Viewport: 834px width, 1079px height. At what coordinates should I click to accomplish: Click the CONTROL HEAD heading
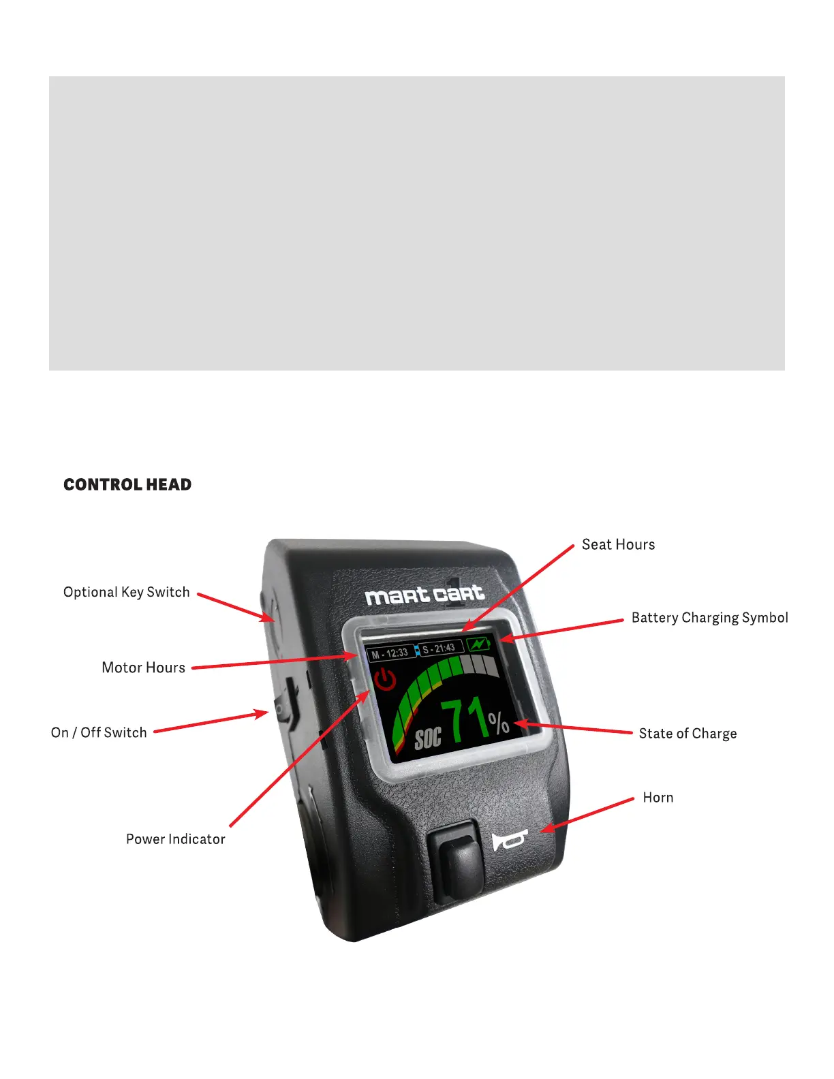click(127, 484)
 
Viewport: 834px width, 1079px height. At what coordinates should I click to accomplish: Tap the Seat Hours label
click(618, 544)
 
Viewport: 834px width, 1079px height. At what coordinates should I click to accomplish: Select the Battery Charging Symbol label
click(709, 618)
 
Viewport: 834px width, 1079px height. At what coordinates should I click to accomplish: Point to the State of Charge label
click(688, 734)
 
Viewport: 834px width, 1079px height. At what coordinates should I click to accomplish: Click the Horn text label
click(658, 798)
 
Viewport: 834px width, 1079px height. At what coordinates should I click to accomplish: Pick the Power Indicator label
click(175, 839)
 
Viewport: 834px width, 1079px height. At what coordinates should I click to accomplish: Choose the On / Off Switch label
click(99, 732)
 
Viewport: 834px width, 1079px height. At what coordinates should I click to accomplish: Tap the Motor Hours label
click(143, 668)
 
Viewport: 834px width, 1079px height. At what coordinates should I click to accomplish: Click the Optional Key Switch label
click(126, 592)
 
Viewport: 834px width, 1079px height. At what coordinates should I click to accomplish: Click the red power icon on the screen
click(386, 678)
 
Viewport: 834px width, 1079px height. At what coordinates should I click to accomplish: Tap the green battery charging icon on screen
click(479, 644)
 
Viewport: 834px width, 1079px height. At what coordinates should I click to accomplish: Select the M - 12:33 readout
click(390, 653)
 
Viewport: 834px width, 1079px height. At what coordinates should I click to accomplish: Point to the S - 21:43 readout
click(439, 648)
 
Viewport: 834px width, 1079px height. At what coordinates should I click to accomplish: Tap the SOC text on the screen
click(428, 737)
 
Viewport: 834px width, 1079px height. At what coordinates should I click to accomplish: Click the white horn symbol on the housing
click(508, 840)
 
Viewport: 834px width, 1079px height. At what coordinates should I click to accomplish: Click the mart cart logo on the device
click(424, 595)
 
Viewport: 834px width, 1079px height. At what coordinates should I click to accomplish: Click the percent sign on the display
click(498, 723)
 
